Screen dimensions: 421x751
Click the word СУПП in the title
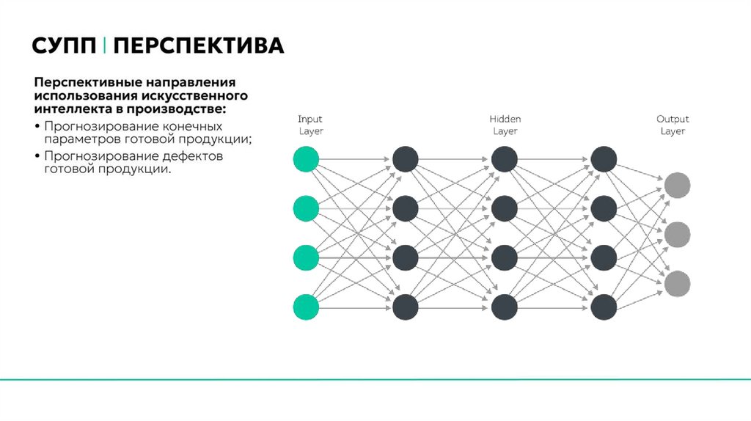click(x=63, y=47)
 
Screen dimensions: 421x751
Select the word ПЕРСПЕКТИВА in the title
click(x=199, y=47)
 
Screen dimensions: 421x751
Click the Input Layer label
click(x=310, y=125)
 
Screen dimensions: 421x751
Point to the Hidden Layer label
click(x=505, y=125)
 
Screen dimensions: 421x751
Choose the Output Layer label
click(x=673, y=125)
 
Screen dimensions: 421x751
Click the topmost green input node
click(x=306, y=160)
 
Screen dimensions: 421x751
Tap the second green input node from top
click(x=306, y=209)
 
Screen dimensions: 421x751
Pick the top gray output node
click(x=678, y=185)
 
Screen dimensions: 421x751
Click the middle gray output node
click(x=678, y=234)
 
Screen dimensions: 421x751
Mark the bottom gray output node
click(x=678, y=283)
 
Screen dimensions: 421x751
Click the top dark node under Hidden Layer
click(x=505, y=160)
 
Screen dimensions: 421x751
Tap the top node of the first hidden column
click(x=405, y=160)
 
